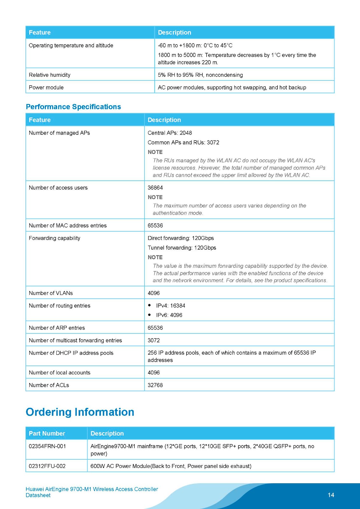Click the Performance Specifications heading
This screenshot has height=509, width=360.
[x=73, y=107]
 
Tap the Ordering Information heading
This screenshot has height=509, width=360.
[x=80, y=412]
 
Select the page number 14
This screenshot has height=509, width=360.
[x=331, y=495]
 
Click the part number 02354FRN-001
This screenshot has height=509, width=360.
[x=47, y=446]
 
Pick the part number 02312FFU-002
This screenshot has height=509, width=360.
[x=47, y=466]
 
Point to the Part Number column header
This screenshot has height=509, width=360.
[x=47, y=434]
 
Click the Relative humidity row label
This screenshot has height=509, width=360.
[x=50, y=75]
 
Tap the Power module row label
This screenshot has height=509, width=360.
[x=46, y=87]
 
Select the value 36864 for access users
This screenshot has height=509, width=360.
[x=155, y=188]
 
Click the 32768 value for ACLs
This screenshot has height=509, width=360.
[x=155, y=385]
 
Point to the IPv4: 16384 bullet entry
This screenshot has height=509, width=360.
[x=170, y=306]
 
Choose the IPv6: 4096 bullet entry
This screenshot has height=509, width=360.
[x=169, y=315]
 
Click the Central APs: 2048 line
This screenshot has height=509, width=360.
[x=170, y=133]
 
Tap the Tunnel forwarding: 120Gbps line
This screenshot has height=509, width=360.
[x=182, y=248]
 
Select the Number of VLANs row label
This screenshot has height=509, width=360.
[x=51, y=293]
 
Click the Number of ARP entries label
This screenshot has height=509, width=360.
[x=57, y=328]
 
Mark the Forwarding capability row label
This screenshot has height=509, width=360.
[x=54, y=238]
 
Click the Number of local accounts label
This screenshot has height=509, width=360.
[x=60, y=373]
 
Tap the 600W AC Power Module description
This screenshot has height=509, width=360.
[x=171, y=466]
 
